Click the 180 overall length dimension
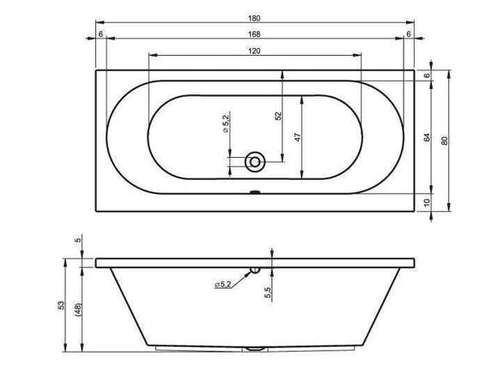(x=254, y=18)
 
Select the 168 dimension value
(x=254, y=34)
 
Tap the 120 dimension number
(x=254, y=51)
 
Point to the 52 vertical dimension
(x=278, y=116)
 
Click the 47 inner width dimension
(x=298, y=137)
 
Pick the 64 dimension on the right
(x=428, y=137)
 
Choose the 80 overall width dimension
(x=445, y=141)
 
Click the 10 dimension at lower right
(x=428, y=202)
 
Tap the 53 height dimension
(x=61, y=305)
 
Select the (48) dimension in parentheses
(x=78, y=310)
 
